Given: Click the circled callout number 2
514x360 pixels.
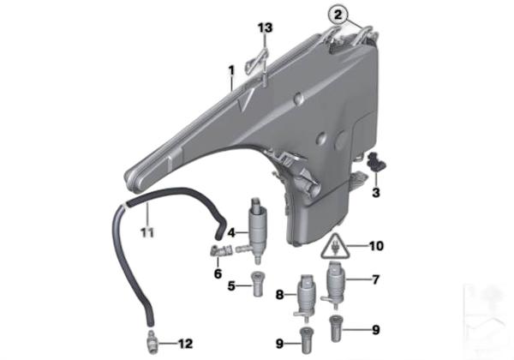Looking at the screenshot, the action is click(338, 15).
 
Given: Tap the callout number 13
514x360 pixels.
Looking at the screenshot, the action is click(265, 28).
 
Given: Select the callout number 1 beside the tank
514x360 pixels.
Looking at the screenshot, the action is click(231, 70).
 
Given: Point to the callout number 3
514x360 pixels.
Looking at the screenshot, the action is click(376, 192).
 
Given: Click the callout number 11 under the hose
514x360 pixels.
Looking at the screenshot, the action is click(147, 233).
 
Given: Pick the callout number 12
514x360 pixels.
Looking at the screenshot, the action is click(185, 344).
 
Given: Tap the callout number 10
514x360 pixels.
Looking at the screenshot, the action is click(376, 246).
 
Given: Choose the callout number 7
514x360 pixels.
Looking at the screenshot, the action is click(376, 279).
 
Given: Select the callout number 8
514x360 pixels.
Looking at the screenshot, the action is click(279, 295).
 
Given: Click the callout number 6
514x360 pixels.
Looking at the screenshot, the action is click(218, 273).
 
